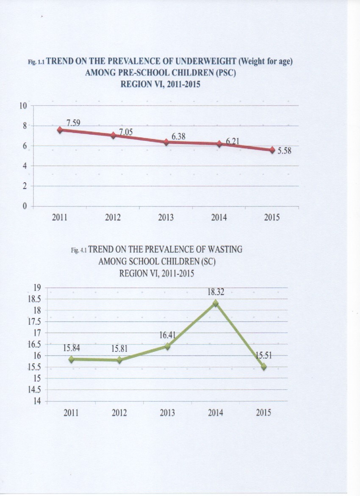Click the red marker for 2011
click(60, 130)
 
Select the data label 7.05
click(126, 132)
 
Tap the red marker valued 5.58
click(272, 150)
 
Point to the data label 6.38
click(179, 137)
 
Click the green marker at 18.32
click(216, 303)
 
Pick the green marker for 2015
click(264, 367)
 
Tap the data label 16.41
click(167, 335)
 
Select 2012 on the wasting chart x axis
click(119, 412)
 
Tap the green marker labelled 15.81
click(119, 360)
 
